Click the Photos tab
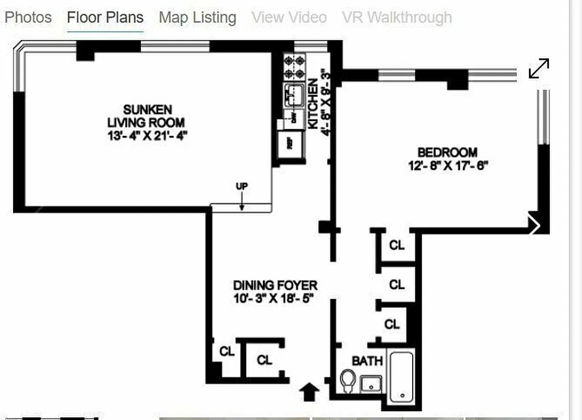[x=28, y=17]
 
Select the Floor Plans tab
[x=105, y=17]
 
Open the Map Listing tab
[x=197, y=17]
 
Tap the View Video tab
[x=289, y=17]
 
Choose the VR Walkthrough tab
[x=396, y=17]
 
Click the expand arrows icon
[x=538, y=69]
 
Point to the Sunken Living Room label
[x=147, y=116]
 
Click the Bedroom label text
[x=447, y=153]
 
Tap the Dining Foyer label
[x=275, y=286]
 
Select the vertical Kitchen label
[x=313, y=104]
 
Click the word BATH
[x=367, y=361]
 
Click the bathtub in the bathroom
[x=402, y=376]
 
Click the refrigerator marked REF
[x=289, y=142]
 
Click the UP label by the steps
[x=242, y=186]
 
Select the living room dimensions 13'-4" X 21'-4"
[x=147, y=135]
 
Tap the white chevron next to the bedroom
[x=535, y=226]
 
